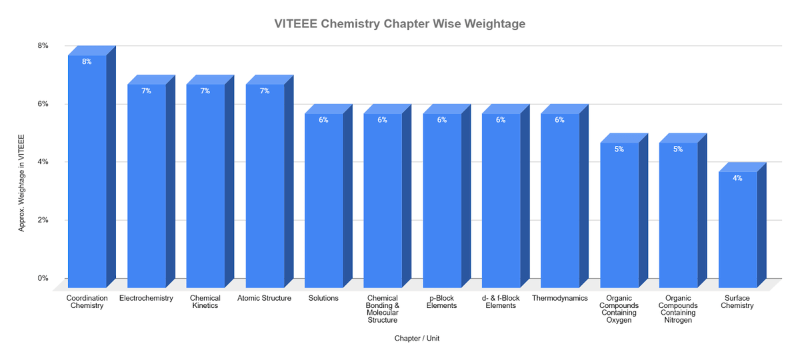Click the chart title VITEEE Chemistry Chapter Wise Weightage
click(400, 24)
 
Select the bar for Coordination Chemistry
click(87, 173)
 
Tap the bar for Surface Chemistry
click(738, 230)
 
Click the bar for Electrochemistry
click(147, 187)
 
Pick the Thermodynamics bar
click(560, 200)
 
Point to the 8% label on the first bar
click(87, 61)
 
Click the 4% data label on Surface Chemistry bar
click(737, 178)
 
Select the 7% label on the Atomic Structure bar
click(265, 91)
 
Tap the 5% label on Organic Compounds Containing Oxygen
click(619, 149)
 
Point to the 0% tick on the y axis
click(43, 279)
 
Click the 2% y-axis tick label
click(43, 220)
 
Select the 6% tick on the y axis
click(43, 104)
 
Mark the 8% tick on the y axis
click(43, 45)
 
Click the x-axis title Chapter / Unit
click(417, 339)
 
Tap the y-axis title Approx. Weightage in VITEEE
click(22, 183)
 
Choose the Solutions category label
click(323, 298)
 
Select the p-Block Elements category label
click(441, 302)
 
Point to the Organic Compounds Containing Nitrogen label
click(678, 309)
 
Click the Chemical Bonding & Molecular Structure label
click(383, 309)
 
